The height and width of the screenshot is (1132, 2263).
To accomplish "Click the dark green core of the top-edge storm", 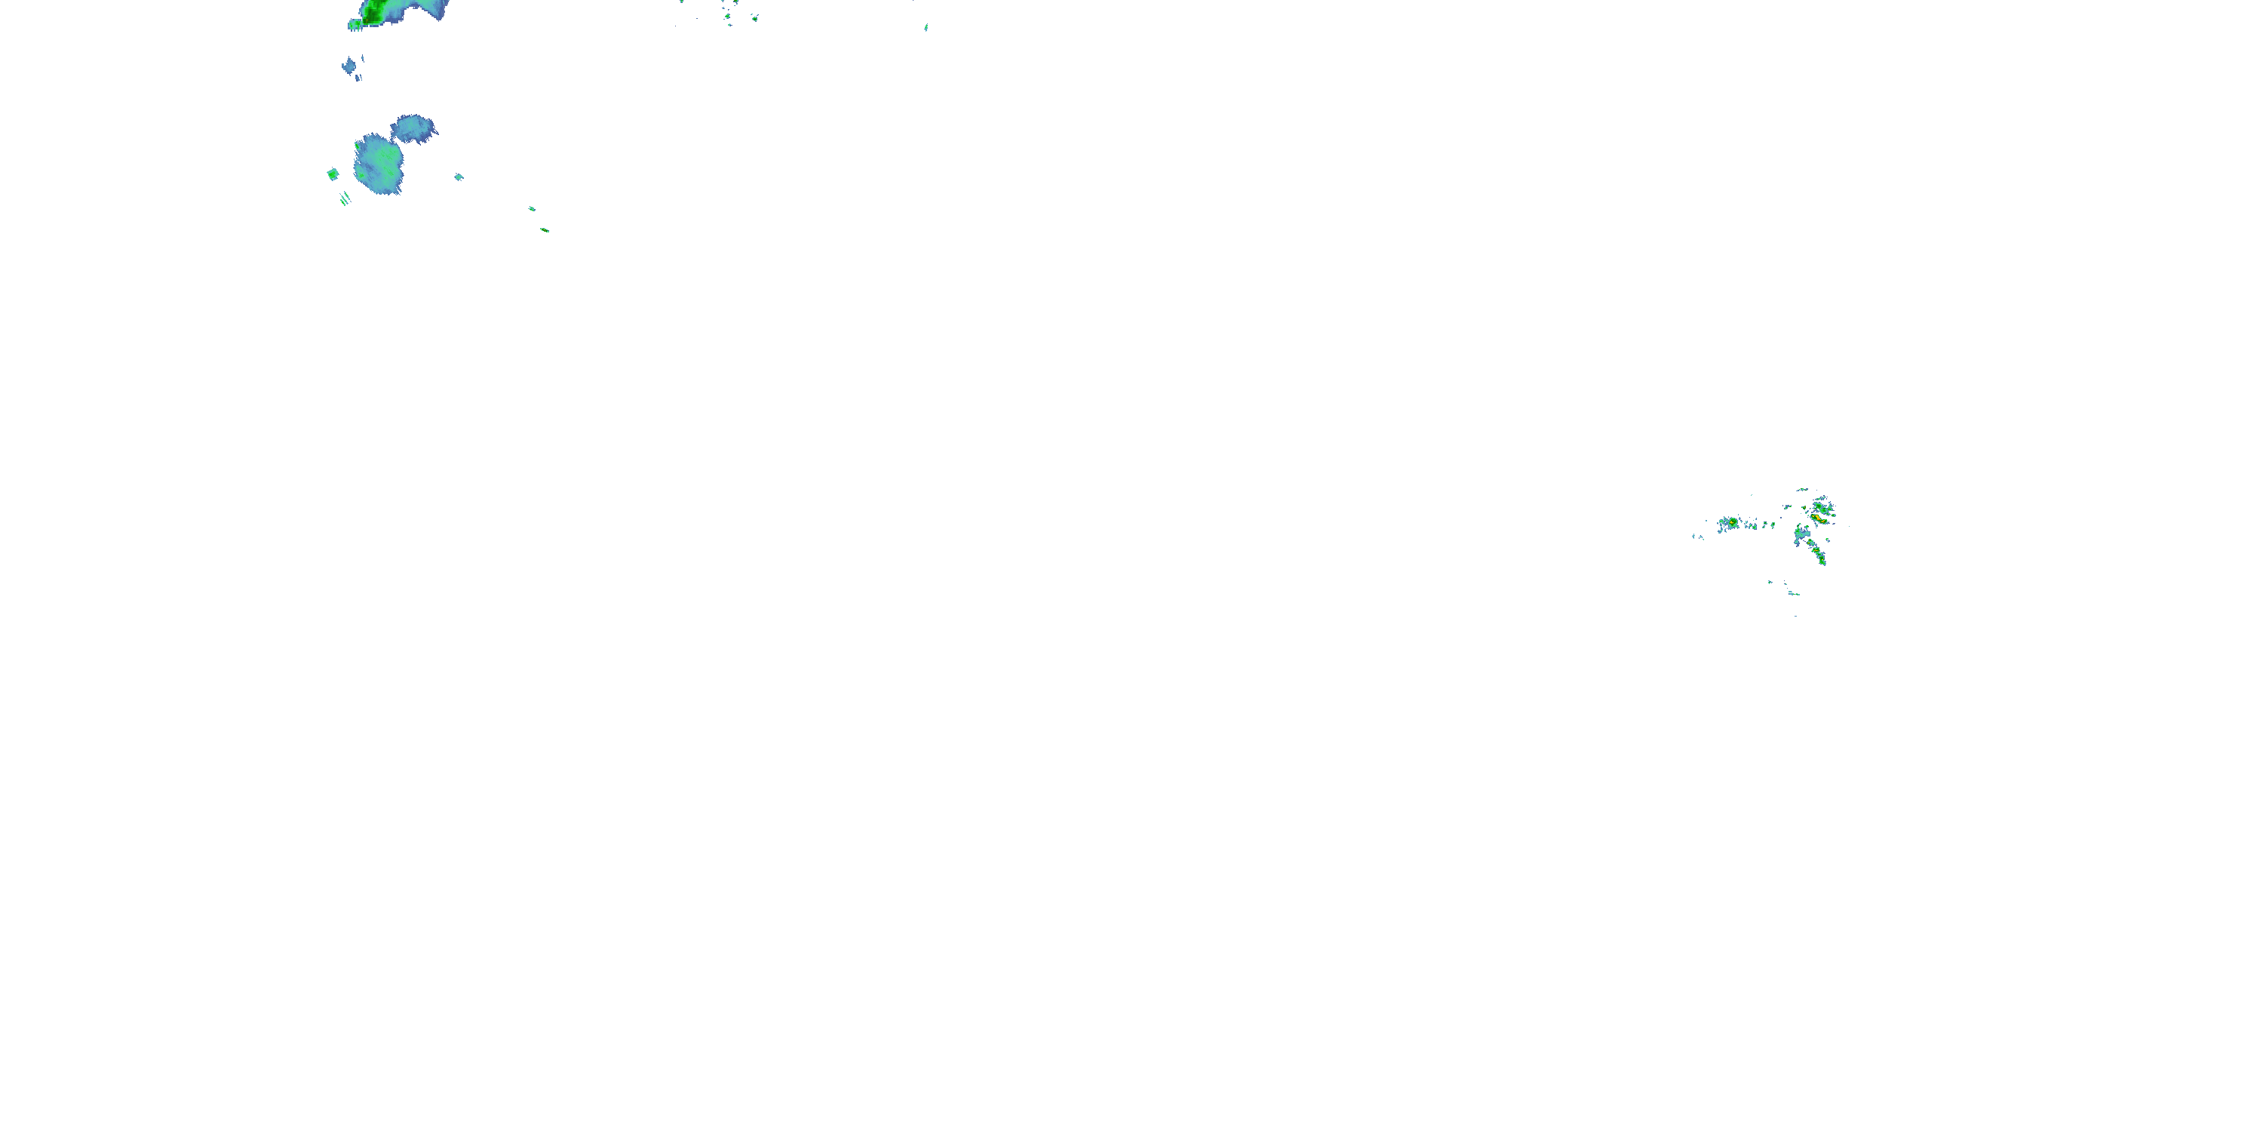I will point(373,11).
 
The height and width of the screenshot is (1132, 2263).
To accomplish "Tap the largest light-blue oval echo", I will point(379,162).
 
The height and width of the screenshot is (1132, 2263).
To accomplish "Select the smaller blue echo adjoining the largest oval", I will point(412,128).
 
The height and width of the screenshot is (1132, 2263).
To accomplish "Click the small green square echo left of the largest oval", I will point(333,174).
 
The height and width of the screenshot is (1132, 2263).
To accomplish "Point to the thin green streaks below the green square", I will point(345,198).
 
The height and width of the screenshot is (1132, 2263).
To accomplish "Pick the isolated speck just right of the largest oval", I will point(459,177).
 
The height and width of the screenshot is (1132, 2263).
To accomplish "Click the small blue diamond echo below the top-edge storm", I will point(350,65).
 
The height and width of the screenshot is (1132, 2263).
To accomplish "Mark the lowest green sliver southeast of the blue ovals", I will point(545,229).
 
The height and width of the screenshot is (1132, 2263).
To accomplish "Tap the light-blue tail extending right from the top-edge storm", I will point(431,9).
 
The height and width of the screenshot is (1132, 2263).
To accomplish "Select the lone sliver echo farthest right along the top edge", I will point(926,27).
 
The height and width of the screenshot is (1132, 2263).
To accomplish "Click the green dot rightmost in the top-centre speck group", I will point(754,17).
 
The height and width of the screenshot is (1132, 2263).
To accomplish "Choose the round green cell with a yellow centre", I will point(1733,523).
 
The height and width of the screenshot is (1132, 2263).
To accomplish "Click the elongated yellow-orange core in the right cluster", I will point(1819,520).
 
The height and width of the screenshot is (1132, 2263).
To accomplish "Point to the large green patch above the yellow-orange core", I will point(1823,507).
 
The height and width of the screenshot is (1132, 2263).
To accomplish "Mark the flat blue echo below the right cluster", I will point(1793,593).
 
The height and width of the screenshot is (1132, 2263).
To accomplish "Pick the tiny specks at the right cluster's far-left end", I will point(1697,536).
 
